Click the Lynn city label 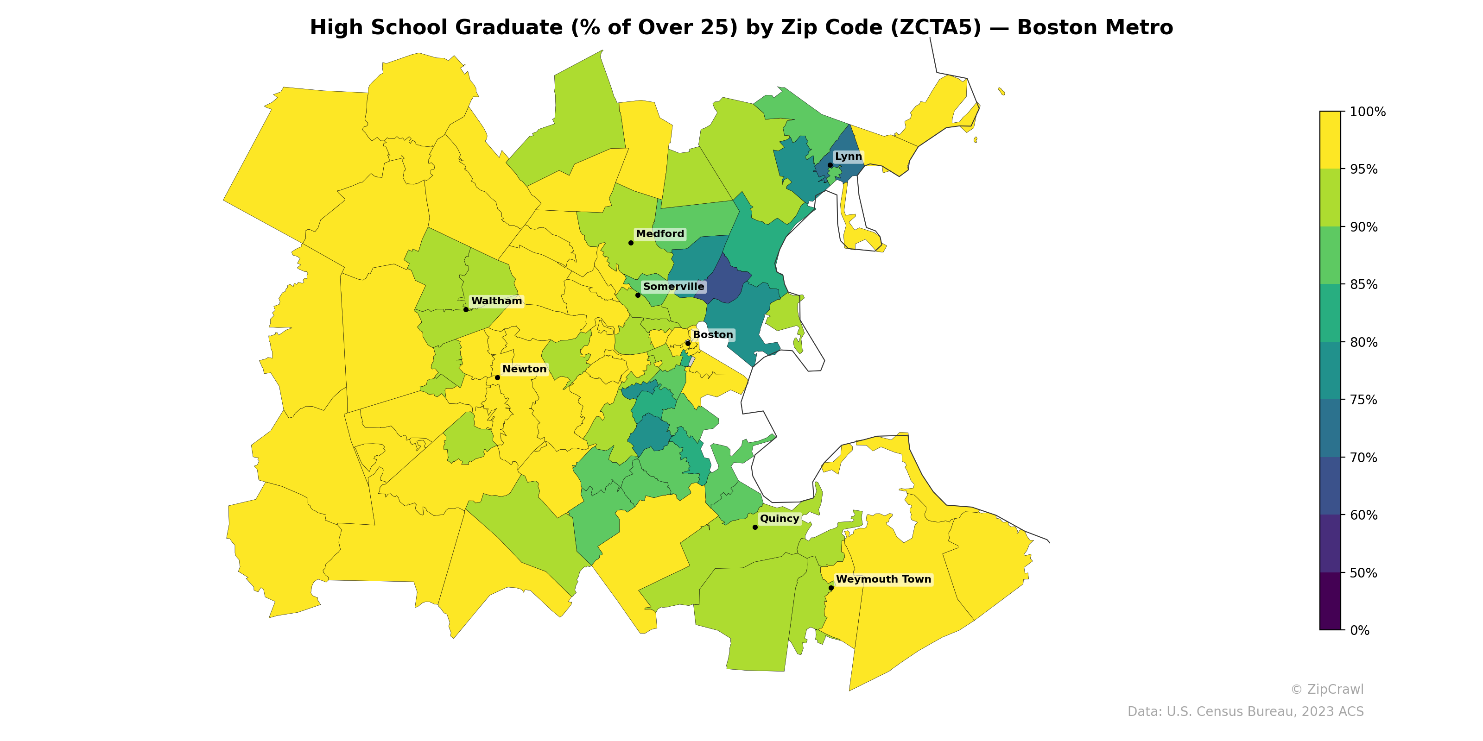[848, 157]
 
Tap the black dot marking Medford [631, 243]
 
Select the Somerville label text [673, 287]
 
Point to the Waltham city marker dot [466, 309]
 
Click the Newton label [524, 369]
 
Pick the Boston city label [712, 335]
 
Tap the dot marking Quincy [755, 527]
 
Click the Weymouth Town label [883, 579]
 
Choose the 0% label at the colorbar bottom [1359, 630]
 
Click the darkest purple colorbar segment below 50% [1330, 601]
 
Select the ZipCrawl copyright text [1326, 689]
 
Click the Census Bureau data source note [1245, 712]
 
